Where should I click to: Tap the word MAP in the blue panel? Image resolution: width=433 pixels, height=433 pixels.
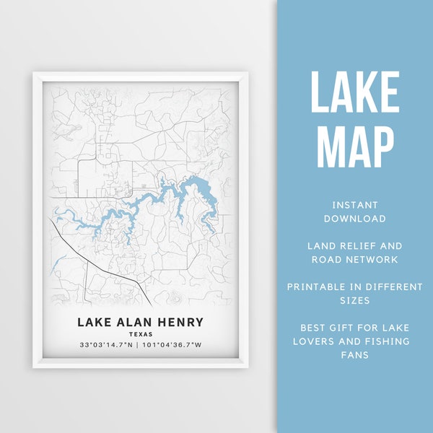[x=354, y=148]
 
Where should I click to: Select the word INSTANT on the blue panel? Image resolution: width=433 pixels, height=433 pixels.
[x=354, y=206]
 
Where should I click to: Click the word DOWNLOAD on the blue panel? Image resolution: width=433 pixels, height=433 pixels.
[x=354, y=219]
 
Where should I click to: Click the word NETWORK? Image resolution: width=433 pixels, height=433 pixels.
[x=369, y=259]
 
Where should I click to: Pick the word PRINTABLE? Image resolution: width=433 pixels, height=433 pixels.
[x=321, y=287]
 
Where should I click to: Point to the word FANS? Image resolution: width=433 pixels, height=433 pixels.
[x=354, y=354]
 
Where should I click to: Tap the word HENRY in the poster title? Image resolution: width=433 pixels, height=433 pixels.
[x=180, y=322]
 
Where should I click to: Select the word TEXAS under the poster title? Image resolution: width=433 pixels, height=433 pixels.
[x=141, y=334]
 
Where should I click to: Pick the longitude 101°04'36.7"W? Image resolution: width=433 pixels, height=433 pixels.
[x=173, y=345]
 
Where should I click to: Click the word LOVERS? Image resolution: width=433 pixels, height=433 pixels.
[x=323, y=341]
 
